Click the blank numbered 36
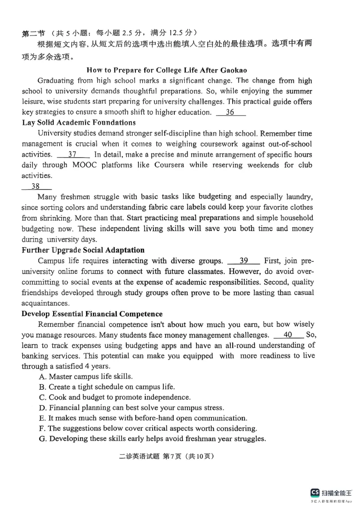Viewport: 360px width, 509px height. pos(230,112)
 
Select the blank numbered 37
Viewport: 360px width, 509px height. pos(72,154)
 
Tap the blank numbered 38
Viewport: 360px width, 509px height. pos(36,186)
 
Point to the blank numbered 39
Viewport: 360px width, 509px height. pos(243,261)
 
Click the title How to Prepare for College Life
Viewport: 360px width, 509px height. pos(166,70)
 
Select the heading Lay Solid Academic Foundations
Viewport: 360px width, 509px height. pos(79,122)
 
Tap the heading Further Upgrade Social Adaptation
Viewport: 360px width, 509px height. pos(83,250)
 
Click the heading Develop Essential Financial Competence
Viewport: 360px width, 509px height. pos(92,314)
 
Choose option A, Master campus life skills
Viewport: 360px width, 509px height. pos(85,376)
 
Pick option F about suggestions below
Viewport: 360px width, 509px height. pos(148,429)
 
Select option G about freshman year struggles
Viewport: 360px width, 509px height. pos(153,439)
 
